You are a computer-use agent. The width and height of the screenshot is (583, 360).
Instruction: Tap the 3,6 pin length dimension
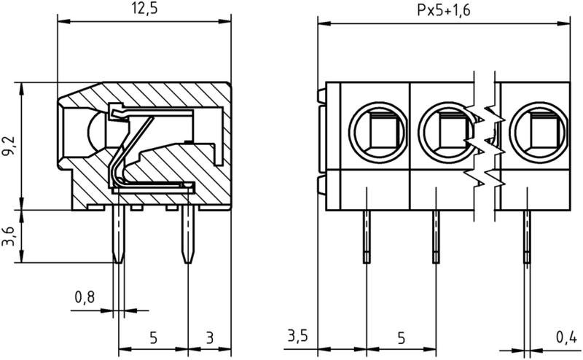coord(9,237)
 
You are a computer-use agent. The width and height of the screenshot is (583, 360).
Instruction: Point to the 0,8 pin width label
coord(85,297)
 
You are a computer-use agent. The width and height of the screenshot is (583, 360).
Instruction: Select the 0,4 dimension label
coord(566,337)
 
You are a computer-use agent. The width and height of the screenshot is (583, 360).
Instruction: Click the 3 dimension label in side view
coord(209,337)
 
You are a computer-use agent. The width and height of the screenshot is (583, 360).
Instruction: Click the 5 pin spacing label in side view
coord(153,337)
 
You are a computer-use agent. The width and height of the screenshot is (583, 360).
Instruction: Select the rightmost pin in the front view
coord(526,235)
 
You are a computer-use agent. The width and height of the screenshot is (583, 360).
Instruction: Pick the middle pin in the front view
coord(436,235)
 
